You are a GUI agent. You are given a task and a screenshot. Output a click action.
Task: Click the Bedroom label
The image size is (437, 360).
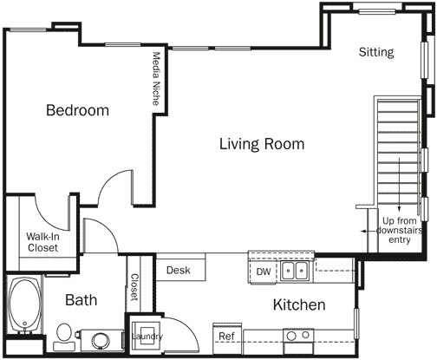[x=77, y=111]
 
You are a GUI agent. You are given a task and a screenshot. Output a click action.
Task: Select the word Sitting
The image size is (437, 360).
[x=376, y=52]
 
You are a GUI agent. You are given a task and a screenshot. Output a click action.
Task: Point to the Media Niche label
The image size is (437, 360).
[x=156, y=79]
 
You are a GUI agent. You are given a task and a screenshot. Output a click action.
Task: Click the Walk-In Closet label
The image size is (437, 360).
[x=42, y=242]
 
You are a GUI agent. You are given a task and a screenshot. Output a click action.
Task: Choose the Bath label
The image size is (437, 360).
[x=82, y=300]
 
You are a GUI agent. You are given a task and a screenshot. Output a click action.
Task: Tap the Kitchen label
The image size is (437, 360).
[x=299, y=304]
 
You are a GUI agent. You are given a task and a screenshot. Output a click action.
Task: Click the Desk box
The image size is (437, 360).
[x=179, y=270]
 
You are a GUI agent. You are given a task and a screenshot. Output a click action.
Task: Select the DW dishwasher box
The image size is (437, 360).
[x=264, y=272]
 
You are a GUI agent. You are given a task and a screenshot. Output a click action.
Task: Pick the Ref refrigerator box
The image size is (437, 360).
[x=226, y=336]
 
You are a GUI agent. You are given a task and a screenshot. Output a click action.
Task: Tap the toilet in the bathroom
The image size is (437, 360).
[x=63, y=333]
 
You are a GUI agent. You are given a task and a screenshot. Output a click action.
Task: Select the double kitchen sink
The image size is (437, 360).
[x=297, y=272]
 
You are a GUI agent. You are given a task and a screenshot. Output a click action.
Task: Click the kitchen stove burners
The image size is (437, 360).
[x=297, y=337]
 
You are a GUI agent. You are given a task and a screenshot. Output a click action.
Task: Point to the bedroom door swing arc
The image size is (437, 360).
[x=114, y=187]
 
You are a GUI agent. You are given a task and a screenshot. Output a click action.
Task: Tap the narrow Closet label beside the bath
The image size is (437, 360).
[x=134, y=287]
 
